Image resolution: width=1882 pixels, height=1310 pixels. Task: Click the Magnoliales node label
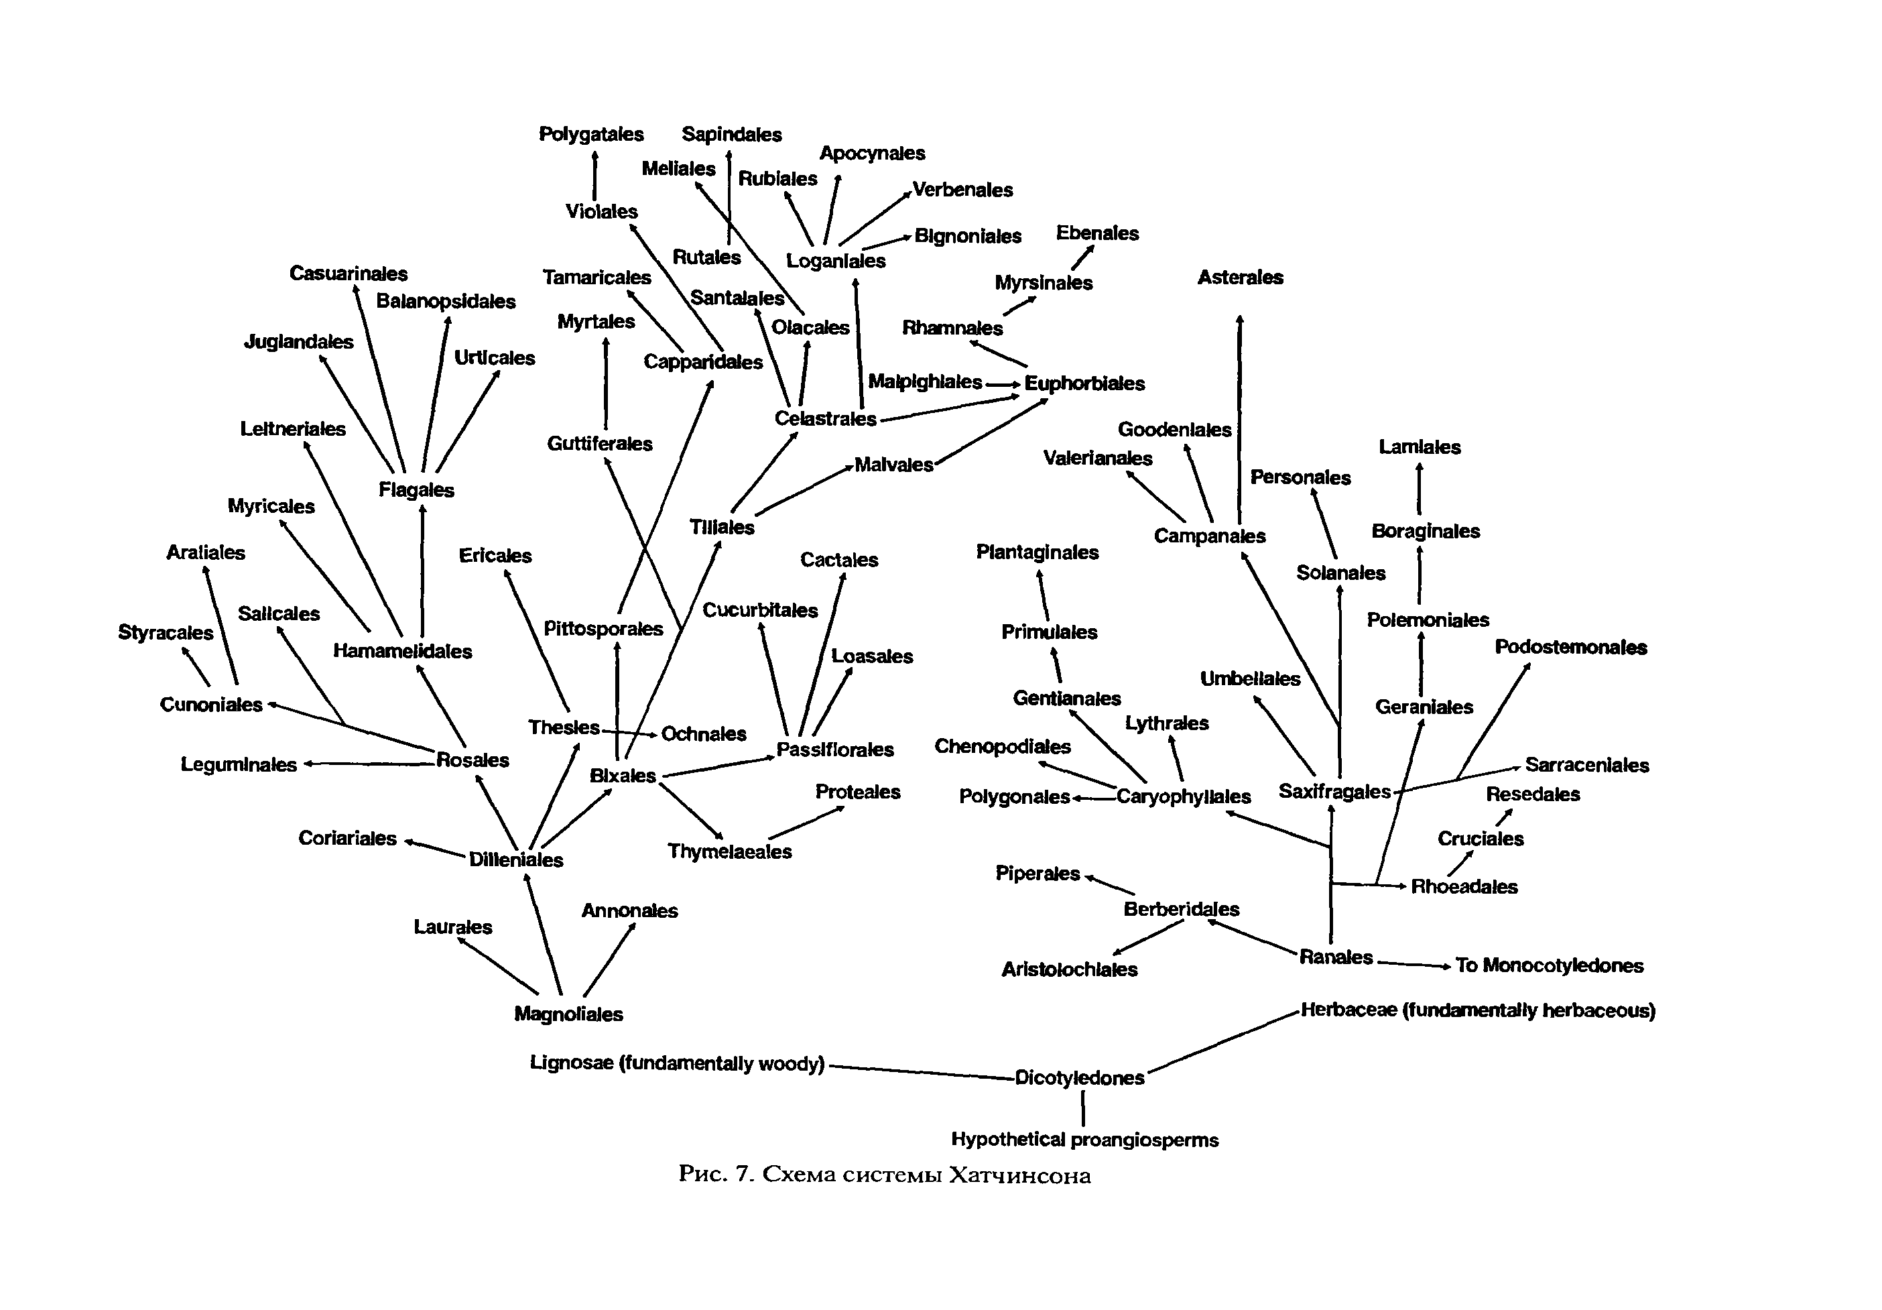tap(568, 1014)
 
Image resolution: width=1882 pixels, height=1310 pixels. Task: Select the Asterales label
tap(1239, 277)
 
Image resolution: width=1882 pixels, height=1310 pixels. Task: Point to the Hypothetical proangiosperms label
tap(1084, 1140)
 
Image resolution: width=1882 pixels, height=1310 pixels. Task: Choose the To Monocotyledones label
tap(1548, 965)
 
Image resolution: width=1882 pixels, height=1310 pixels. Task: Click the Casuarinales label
tap(348, 273)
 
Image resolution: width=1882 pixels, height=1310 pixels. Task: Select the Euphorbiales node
tap(1084, 383)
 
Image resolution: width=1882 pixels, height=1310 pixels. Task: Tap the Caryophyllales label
tap(1183, 796)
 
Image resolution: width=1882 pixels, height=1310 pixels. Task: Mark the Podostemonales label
tap(1570, 647)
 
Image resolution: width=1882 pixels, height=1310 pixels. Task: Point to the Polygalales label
tap(591, 133)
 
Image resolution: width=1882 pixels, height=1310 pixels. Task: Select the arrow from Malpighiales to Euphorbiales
tap(1003, 383)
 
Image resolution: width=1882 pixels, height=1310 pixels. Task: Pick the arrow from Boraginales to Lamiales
tap(1419, 489)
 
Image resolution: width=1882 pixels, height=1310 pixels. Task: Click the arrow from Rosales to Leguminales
tap(369, 764)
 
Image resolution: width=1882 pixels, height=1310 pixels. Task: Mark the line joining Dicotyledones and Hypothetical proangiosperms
tap(1083, 1108)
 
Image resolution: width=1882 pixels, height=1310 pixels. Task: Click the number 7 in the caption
tap(743, 1174)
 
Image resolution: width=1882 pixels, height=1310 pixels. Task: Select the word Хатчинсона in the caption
tap(1019, 1175)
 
